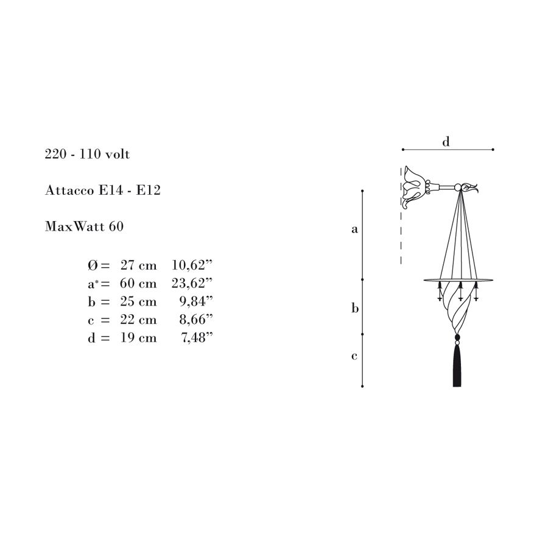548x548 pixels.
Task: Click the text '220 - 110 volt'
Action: click(x=87, y=154)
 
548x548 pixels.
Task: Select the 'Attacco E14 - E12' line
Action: click(x=103, y=190)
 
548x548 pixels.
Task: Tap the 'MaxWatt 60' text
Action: click(x=84, y=227)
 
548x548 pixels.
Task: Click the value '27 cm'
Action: click(x=138, y=265)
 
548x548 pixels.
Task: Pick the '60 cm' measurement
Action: click(x=138, y=283)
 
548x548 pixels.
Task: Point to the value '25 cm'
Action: click(x=138, y=301)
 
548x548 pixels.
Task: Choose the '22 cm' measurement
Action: click(x=138, y=320)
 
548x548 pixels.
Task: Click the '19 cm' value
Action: click(x=138, y=338)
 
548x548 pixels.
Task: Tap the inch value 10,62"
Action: click(x=192, y=265)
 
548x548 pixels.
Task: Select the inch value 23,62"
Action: click(x=192, y=283)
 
